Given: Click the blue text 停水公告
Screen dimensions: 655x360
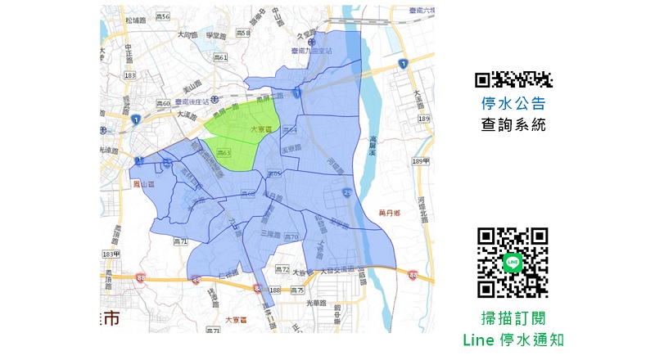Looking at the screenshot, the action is coord(513,104).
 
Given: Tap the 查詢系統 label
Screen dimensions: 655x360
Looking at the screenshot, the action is coord(513,125).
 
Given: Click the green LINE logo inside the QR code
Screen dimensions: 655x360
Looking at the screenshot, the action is coord(513,262).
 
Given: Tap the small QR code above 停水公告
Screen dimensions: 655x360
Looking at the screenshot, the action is coord(514,79).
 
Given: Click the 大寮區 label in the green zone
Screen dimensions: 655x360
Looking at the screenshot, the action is coord(261,130).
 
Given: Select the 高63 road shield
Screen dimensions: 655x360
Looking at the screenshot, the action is coord(224,153).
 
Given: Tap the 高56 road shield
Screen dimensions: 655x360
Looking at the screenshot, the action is coord(162,16).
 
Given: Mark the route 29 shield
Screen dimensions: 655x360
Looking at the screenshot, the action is coord(347,191).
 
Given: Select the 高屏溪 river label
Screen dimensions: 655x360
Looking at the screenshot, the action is coord(376,123).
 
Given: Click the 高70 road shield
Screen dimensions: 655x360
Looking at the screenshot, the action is coord(289,236).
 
